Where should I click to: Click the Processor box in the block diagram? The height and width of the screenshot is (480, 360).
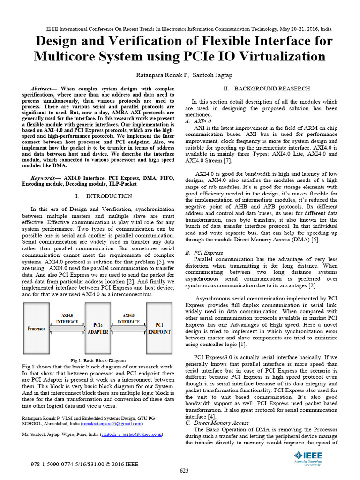36,328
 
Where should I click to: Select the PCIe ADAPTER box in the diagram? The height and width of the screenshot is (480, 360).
98,328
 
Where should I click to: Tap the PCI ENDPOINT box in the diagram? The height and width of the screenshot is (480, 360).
159,328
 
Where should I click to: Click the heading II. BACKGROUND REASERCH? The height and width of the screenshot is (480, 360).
266,89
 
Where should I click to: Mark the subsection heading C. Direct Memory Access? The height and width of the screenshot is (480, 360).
217,423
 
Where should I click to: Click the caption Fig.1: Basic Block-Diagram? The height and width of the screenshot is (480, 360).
98,360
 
